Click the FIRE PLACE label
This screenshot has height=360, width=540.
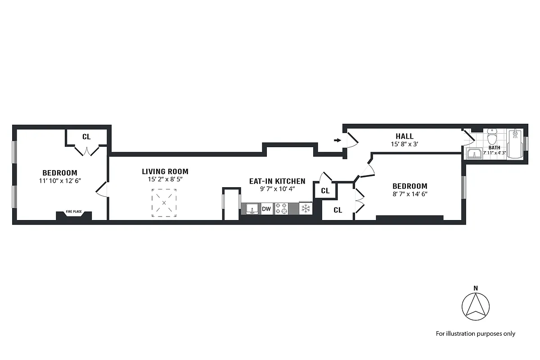click(x=74, y=211)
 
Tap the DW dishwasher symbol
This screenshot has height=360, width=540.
click(x=266, y=209)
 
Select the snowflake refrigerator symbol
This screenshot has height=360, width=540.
click(x=306, y=209)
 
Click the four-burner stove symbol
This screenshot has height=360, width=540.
click(x=281, y=209)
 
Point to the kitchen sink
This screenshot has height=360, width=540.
click(x=251, y=209)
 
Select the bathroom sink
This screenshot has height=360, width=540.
click(x=474, y=154)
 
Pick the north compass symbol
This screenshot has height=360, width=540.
click(x=476, y=307)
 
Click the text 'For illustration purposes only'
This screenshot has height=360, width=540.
click(x=475, y=333)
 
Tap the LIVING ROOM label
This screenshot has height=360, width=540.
click(x=165, y=171)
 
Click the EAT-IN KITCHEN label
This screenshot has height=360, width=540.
click(x=277, y=181)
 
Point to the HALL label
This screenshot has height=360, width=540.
click(x=405, y=136)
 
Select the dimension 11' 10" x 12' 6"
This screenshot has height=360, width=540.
click(x=60, y=180)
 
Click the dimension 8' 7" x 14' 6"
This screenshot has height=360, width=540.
click(x=409, y=194)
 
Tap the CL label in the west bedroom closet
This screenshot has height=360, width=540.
click(x=86, y=137)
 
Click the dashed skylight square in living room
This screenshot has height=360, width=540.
click(x=164, y=203)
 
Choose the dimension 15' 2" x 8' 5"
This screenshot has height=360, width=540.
click(x=165, y=179)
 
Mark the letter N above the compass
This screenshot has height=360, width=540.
click(x=476, y=288)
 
